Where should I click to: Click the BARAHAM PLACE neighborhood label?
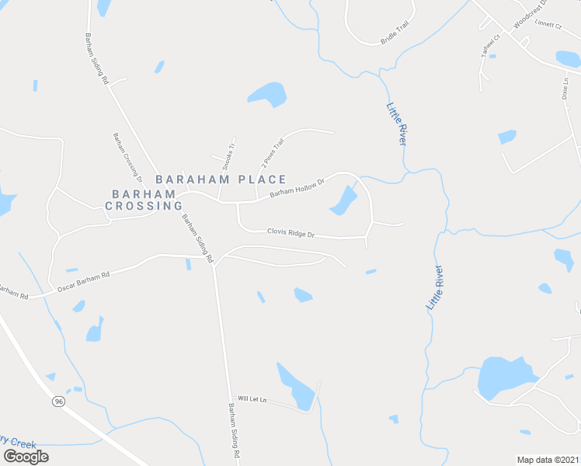(x=221, y=179)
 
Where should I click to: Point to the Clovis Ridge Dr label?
(x=290, y=232)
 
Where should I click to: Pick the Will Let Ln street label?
(x=252, y=399)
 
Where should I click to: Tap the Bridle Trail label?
(x=395, y=32)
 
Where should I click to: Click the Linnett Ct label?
(x=548, y=25)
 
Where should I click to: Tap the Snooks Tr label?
(x=228, y=155)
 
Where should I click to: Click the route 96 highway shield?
(x=58, y=402)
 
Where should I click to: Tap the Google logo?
(x=26, y=457)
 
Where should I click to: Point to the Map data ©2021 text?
(x=547, y=460)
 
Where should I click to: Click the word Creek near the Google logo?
(x=22, y=443)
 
